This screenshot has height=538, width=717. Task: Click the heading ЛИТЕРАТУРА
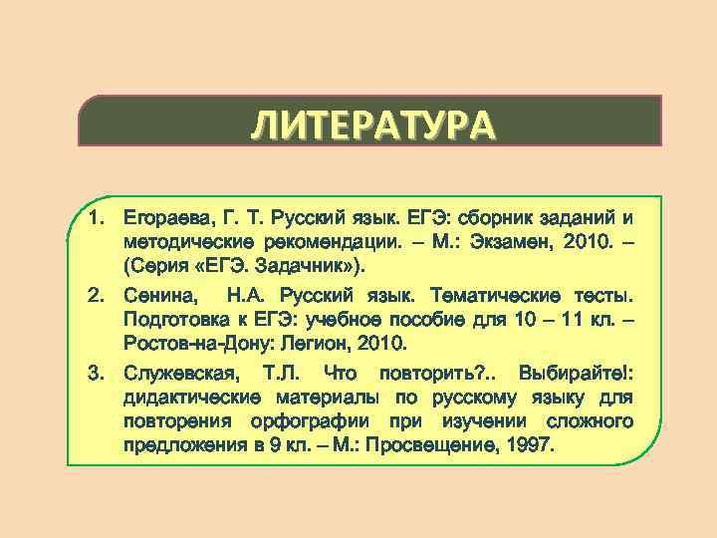[370, 127]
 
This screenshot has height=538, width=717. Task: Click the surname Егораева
[162, 216]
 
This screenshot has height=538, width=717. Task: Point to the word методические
[187, 242]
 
